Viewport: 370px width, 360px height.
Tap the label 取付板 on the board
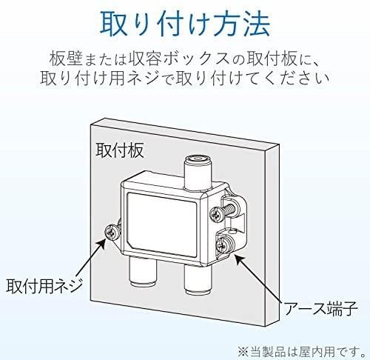[120, 150]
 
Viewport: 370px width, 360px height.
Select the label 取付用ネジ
[44, 286]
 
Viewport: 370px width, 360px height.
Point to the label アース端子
[321, 308]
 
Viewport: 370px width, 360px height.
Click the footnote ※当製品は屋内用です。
[301, 351]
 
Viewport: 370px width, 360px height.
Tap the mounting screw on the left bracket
[112, 232]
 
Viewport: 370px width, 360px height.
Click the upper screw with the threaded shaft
[223, 210]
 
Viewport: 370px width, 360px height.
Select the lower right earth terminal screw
[224, 245]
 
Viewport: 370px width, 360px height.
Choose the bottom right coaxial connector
[198, 280]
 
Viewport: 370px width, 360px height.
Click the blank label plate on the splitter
[162, 224]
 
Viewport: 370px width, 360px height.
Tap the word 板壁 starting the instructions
[65, 59]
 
